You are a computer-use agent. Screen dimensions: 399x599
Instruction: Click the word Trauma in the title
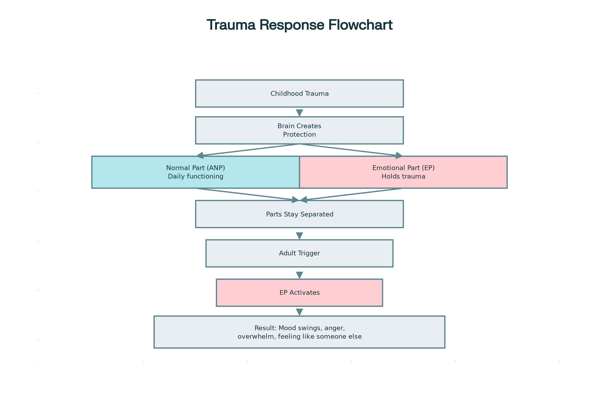231,25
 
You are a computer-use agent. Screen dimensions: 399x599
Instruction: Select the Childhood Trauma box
299,94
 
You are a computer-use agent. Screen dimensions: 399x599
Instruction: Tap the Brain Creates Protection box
299,130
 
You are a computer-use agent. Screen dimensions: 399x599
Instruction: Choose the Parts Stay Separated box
299,214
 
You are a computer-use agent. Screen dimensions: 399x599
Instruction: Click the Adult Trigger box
299,253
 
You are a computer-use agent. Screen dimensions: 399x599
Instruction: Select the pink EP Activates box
299,293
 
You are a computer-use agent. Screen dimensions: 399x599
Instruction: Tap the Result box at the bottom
299,332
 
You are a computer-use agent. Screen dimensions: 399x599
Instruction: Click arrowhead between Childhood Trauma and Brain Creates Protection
299,112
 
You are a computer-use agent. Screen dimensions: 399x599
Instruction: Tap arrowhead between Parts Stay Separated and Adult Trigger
299,235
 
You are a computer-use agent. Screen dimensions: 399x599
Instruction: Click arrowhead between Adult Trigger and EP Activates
299,275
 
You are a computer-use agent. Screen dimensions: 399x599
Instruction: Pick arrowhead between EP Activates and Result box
299,312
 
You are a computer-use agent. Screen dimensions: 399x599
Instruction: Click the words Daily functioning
196,176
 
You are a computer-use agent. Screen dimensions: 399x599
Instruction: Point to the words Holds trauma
403,176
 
